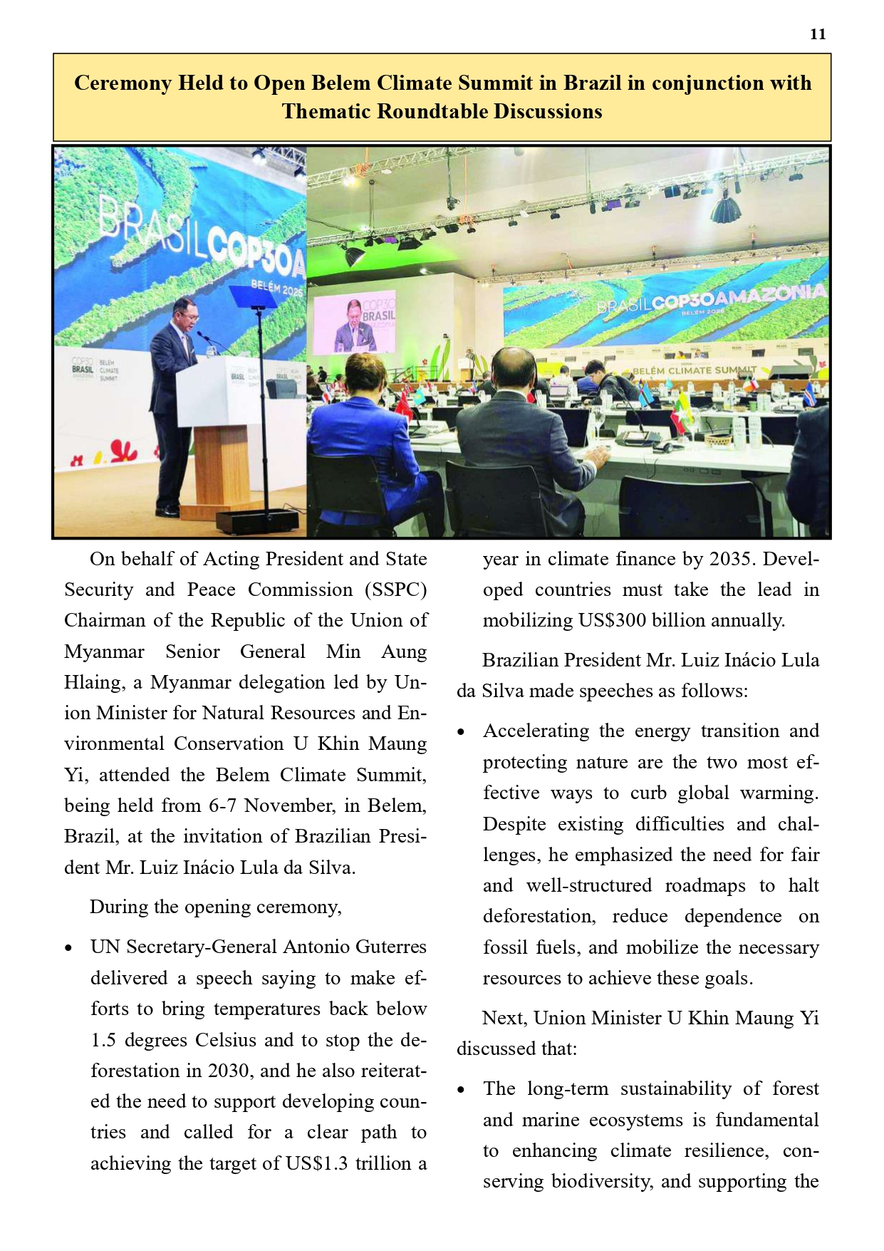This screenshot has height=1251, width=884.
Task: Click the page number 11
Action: (818, 34)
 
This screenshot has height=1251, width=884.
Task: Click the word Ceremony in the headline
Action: (123, 83)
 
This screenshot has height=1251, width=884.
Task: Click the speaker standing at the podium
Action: (172, 399)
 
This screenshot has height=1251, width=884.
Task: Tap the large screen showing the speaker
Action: (354, 324)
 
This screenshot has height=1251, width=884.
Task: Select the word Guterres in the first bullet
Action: (390, 947)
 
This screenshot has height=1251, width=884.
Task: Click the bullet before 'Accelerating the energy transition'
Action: (462, 732)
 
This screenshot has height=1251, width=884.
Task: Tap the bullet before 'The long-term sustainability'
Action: (462, 1090)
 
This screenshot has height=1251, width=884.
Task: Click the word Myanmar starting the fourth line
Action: (104, 652)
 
